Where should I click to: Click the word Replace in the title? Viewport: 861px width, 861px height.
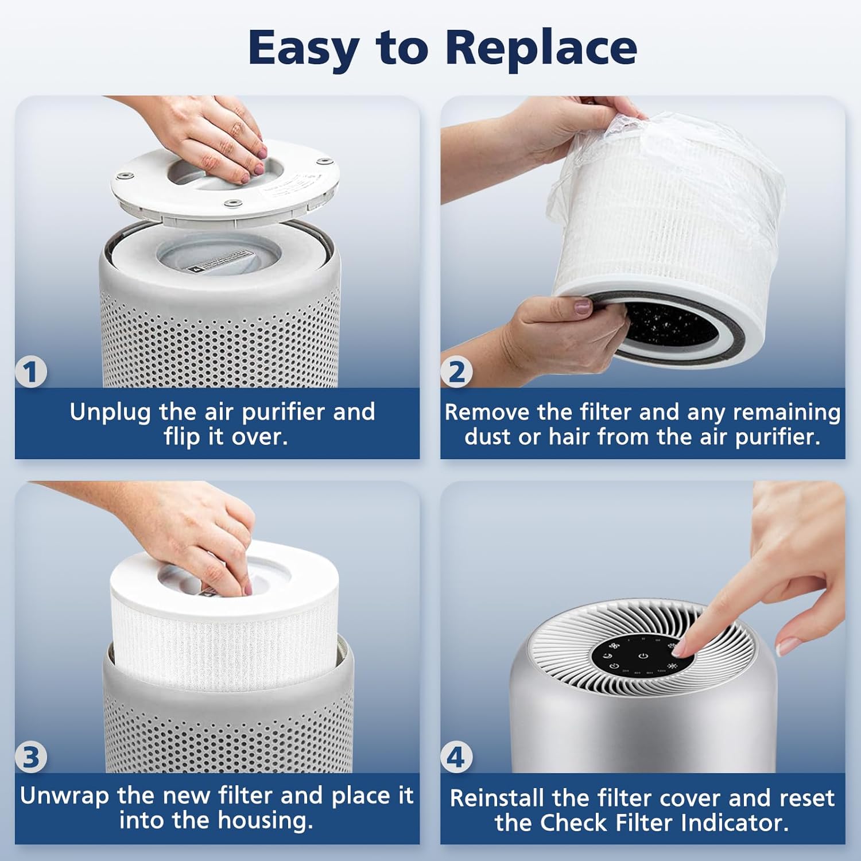coord(541,48)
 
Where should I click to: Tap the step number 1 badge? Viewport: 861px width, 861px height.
coord(30,372)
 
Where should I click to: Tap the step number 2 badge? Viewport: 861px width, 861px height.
coord(457,372)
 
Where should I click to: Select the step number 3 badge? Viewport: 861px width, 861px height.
coord(30,757)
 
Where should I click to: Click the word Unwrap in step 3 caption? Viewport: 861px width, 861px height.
coord(64,796)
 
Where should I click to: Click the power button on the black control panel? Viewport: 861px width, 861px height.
coord(643,656)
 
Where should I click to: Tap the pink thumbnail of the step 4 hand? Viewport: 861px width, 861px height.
coord(786,646)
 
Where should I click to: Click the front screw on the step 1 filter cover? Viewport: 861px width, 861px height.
coord(232,202)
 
